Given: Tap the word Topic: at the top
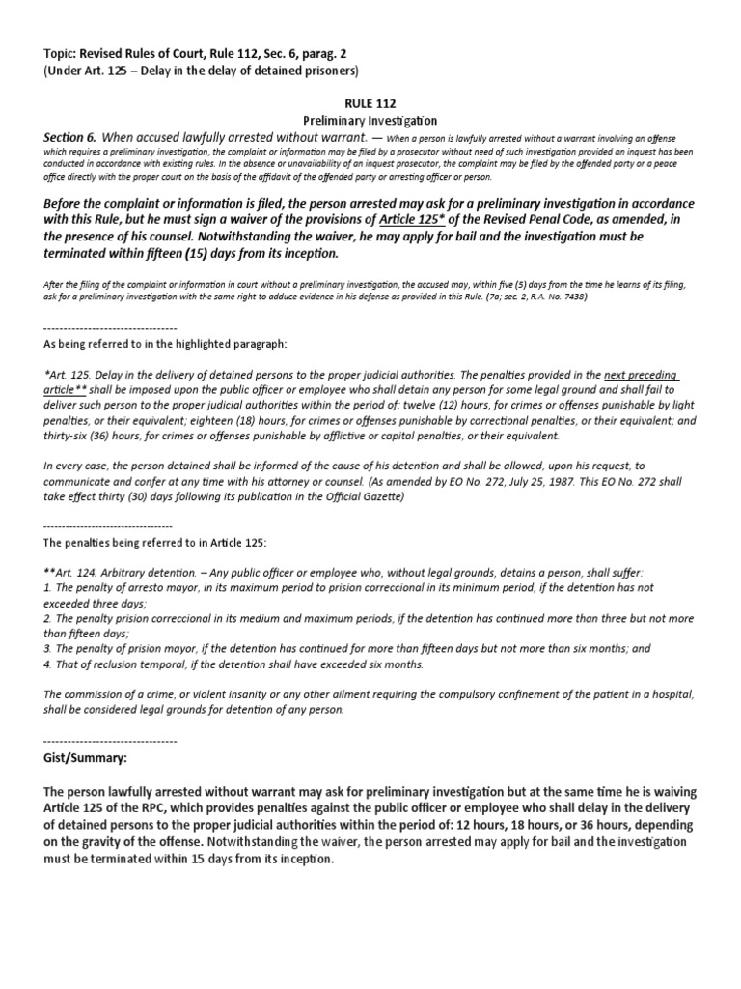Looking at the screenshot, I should click(x=65, y=52).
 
